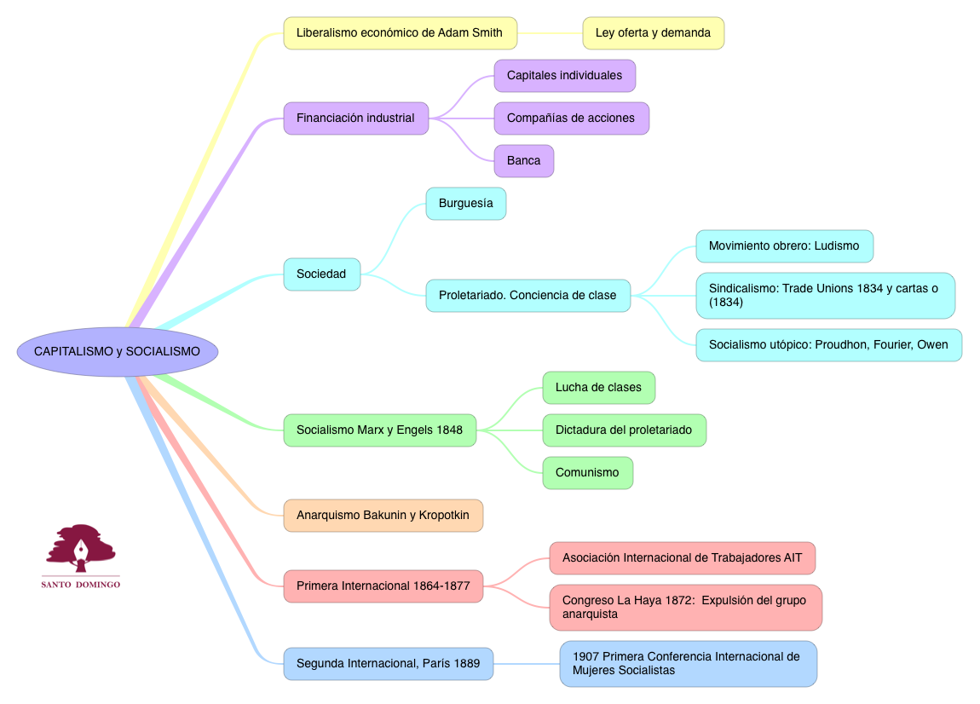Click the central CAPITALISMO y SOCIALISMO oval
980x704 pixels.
[117, 351]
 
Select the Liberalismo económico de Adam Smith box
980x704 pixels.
[400, 33]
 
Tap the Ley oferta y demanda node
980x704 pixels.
[653, 33]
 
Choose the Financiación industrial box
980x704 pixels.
[355, 118]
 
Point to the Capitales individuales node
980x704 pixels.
[564, 75]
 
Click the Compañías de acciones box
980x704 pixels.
[571, 118]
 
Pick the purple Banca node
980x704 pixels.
[523, 160]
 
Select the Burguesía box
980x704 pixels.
[465, 204]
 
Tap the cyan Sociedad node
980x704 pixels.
[321, 274]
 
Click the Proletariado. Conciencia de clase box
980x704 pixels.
[527, 295]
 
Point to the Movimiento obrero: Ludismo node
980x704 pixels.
[784, 245]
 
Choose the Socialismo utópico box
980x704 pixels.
[828, 345]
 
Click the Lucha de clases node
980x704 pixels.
[598, 387]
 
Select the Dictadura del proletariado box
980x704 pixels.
[624, 430]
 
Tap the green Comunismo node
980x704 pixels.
[587, 472]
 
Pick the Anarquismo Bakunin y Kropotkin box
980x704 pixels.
[383, 515]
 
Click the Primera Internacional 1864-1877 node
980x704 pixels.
[383, 586]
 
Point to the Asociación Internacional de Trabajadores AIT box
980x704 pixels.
[682, 557]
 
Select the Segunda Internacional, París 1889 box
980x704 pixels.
[388, 663]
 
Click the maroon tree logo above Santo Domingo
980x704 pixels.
[82, 548]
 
